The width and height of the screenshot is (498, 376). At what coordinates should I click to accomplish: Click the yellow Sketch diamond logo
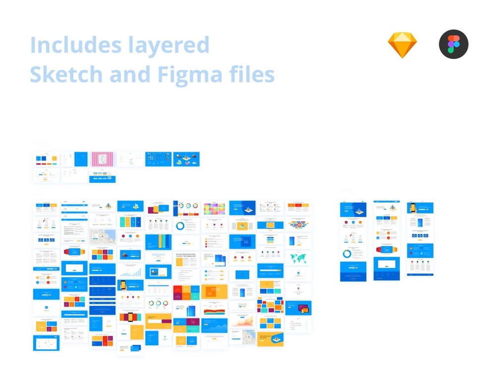point(402,45)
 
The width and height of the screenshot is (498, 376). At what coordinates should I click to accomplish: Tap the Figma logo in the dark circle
point(453,45)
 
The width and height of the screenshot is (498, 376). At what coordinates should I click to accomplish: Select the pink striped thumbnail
point(102,159)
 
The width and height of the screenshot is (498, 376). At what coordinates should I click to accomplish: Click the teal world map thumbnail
point(298,258)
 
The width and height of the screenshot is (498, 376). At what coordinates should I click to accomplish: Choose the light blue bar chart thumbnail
point(130,271)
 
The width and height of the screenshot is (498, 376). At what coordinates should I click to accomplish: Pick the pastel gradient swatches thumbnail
point(214,208)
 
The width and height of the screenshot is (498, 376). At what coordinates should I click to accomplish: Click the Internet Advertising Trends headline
point(186,256)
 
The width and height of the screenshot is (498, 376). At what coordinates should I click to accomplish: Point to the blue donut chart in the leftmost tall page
point(347,254)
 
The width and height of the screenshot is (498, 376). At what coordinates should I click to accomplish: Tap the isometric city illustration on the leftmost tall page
point(359,211)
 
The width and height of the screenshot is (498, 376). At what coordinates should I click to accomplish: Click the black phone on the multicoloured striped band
point(130,317)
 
